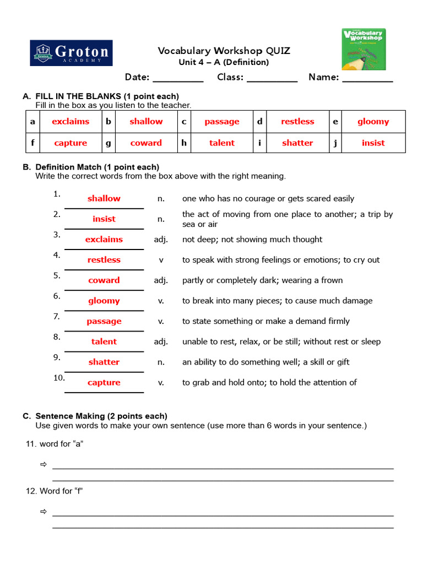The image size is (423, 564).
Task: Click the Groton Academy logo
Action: [x=71, y=53]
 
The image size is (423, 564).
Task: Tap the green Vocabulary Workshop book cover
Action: [x=364, y=50]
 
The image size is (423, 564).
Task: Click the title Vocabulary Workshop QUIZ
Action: [x=224, y=51]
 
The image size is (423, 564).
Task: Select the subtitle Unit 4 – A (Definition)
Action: [x=224, y=62]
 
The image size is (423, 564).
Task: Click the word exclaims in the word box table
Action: [x=70, y=122]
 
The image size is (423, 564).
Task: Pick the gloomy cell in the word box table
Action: [x=373, y=122]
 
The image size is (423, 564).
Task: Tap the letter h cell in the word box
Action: [x=184, y=143]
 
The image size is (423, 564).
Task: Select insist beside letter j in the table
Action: [x=373, y=143]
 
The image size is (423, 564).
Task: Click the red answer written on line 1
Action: [x=104, y=198]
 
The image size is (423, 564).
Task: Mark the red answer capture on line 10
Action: [x=104, y=382]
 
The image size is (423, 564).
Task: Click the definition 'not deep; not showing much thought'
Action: [x=252, y=239]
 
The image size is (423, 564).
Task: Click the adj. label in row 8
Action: [x=161, y=341]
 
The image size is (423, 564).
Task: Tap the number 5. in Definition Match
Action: [x=57, y=275]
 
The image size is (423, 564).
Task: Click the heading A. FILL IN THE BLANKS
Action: [x=101, y=96]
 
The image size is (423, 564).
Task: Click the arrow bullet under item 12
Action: [x=44, y=512]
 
